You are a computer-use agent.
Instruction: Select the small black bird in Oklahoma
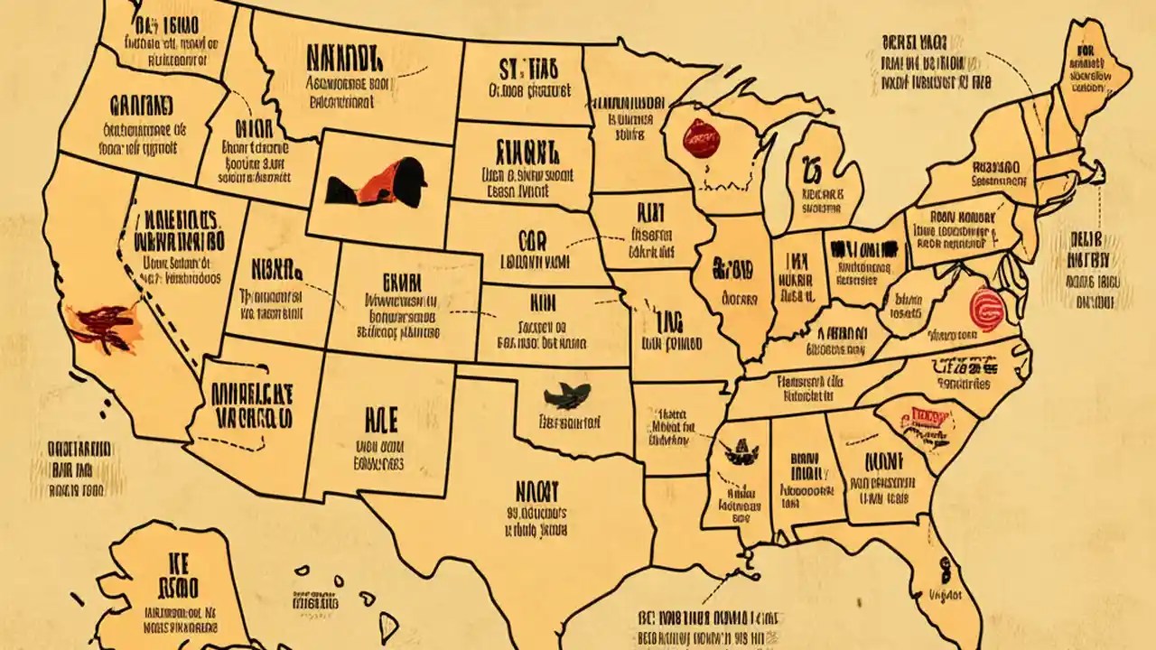coord(568,395)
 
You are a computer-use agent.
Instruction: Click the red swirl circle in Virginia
coord(986,305)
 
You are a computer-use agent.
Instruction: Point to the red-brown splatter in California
coord(102,326)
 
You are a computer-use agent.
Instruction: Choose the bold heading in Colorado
coord(396,281)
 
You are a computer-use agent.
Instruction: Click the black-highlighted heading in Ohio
coord(865,248)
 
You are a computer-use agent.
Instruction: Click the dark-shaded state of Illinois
coord(733,280)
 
